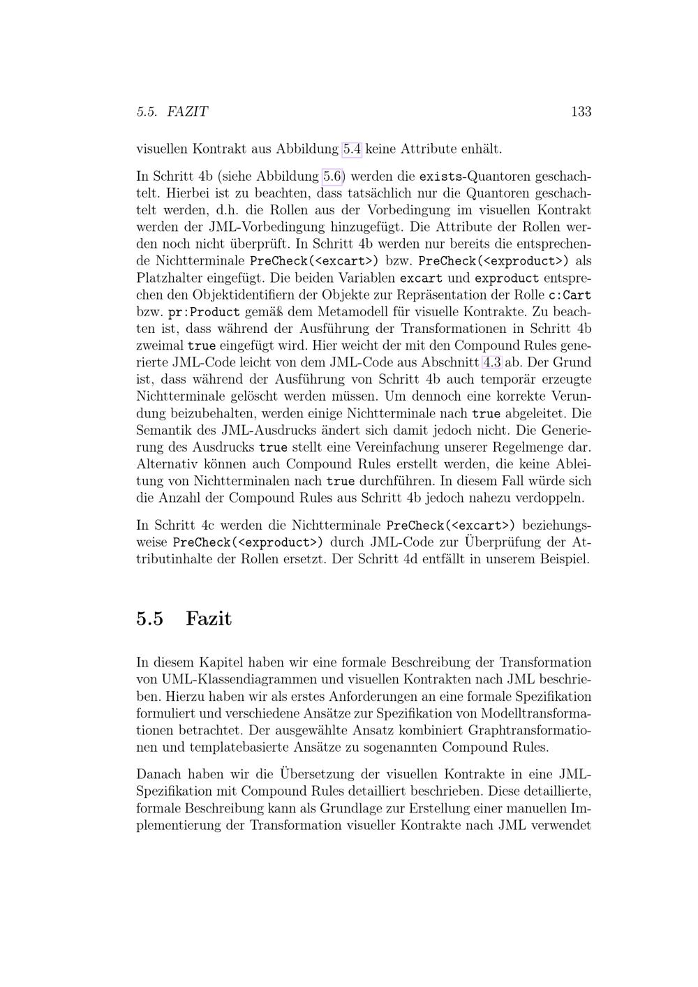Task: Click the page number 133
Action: coord(581,112)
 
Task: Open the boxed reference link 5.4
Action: coord(352,149)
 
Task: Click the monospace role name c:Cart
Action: coord(570,295)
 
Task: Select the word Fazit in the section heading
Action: coord(209,618)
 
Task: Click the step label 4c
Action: coord(209,525)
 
